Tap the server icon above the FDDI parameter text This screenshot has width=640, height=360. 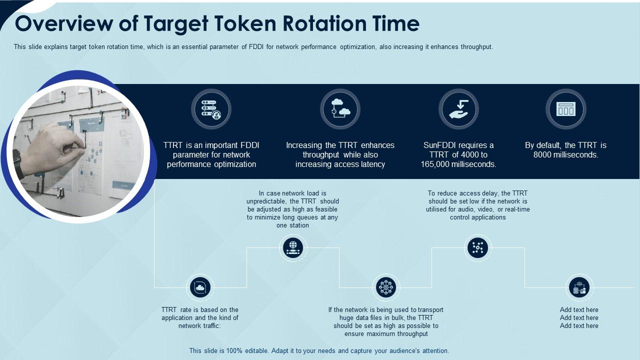[211, 109]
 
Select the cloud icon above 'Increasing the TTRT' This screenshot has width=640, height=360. [340, 109]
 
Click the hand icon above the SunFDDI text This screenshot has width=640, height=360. [458, 109]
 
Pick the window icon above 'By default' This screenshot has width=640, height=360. [566, 109]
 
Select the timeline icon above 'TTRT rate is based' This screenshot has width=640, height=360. [200, 287]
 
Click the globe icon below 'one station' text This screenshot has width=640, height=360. [293, 247]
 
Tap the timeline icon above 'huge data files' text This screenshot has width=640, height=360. [385, 287]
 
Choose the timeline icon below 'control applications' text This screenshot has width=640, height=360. [478, 247]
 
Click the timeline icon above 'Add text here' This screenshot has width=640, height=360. [579, 287]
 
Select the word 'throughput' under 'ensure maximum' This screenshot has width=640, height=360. [411, 334]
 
